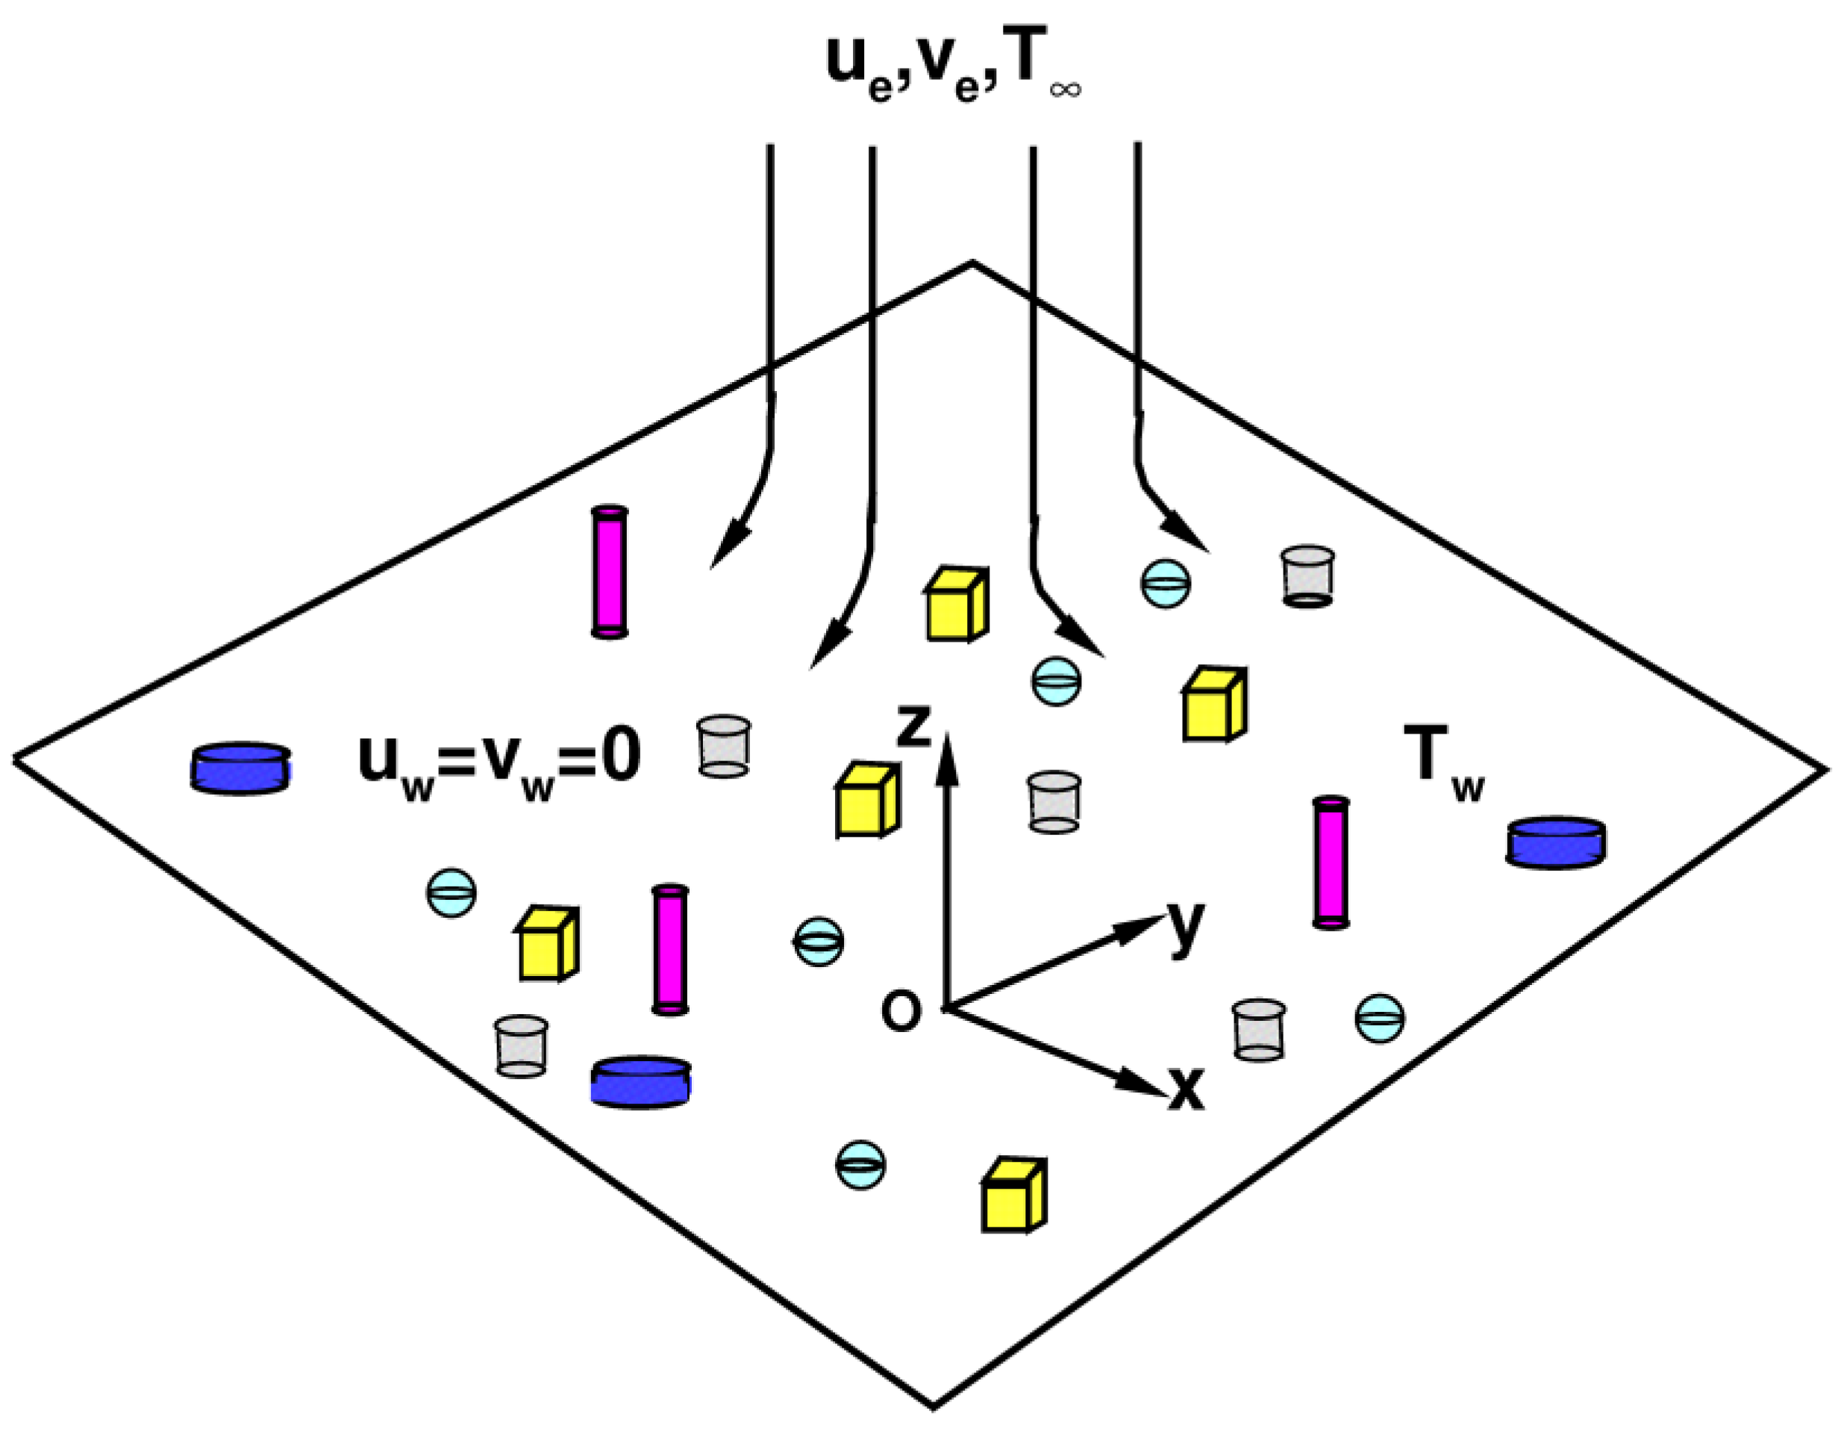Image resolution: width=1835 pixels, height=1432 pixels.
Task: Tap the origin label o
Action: click(x=901, y=1011)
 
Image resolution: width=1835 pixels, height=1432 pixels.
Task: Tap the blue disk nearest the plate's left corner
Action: click(x=241, y=767)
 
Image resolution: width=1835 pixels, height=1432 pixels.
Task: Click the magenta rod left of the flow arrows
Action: click(x=609, y=572)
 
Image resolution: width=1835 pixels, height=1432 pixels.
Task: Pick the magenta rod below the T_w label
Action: click(x=1331, y=863)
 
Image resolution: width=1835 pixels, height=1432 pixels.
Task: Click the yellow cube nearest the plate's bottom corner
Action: click(x=1013, y=1197)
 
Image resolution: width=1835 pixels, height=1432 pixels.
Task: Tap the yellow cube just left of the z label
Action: click(x=866, y=801)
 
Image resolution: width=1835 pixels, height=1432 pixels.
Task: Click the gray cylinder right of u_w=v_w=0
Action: click(x=723, y=745)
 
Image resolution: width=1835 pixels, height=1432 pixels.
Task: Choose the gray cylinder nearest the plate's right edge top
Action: click(x=1307, y=577)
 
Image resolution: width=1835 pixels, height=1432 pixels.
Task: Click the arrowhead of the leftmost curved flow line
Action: click(x=726, y=547)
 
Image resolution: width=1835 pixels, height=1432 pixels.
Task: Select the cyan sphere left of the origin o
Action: click(x=819, y=941)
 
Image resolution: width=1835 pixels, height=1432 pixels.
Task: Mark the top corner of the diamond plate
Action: click(x=972, y=263)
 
